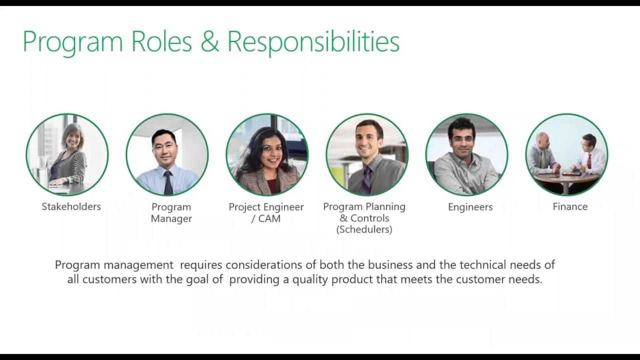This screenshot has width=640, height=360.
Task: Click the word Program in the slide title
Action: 72,42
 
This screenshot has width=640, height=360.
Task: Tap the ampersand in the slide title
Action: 209,42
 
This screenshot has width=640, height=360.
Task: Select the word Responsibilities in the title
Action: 313,42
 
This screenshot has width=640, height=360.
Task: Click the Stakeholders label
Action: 71,206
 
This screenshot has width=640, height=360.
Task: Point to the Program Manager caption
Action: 171,212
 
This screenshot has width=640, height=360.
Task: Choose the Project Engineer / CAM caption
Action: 266,212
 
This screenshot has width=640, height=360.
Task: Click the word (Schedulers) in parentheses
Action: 364,229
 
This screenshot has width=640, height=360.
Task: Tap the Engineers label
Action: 470,207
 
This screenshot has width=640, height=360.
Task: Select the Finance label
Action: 569,206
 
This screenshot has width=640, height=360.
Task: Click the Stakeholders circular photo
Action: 67,154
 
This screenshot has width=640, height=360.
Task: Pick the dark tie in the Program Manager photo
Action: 168,182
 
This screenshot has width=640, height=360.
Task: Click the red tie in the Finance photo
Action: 589,161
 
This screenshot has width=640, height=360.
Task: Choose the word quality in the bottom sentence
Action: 310,279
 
